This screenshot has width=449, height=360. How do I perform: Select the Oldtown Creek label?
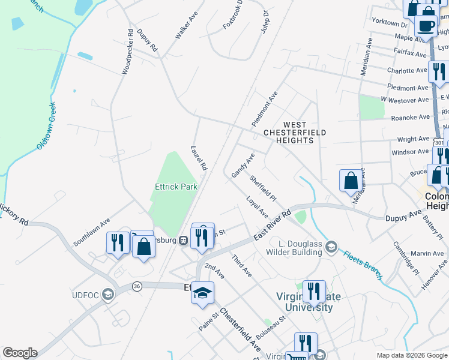click(x=46, y=125)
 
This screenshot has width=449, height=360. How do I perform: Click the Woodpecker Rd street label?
click(x=127, y=52)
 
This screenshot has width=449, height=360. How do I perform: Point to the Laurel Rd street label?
click(x=199, y=158)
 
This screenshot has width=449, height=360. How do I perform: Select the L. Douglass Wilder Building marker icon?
click(x=333, y=245)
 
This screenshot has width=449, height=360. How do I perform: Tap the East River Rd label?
click(x=272, y=226)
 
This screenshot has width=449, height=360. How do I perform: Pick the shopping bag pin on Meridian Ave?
click(x=351, y=181)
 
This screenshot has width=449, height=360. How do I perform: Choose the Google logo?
click(x=20, y=353)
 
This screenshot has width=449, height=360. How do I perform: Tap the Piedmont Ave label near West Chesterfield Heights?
click(x=265, y=108)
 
